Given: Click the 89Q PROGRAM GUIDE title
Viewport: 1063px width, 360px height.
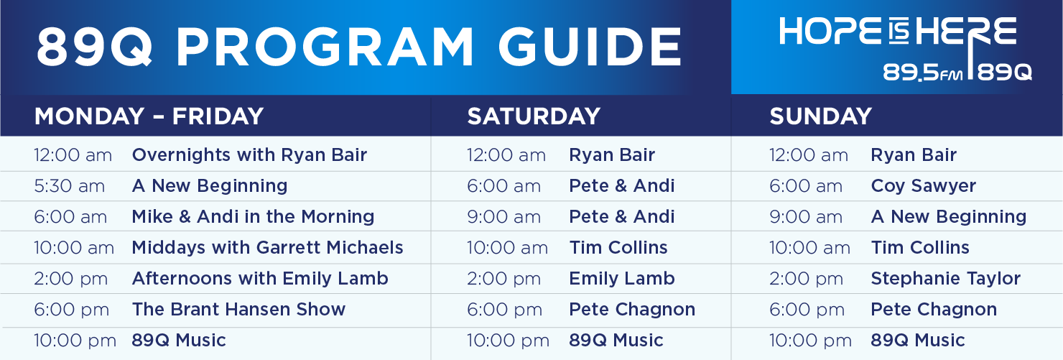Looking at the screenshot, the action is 359,46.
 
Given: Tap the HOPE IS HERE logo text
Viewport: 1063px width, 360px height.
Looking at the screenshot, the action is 898,32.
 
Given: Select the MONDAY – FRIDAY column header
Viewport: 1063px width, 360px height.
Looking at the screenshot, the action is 149,116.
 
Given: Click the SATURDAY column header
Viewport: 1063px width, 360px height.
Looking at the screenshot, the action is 534,116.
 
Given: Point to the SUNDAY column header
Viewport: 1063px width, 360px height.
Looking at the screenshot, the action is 820,116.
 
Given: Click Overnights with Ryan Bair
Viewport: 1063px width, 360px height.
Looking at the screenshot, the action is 250,154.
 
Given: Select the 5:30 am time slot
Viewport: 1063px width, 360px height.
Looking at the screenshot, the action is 69,185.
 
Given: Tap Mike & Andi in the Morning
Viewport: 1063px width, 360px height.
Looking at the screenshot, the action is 253,216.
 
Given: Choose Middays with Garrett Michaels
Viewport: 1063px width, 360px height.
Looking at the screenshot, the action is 268,247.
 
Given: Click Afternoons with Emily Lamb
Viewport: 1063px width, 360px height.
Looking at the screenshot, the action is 260,278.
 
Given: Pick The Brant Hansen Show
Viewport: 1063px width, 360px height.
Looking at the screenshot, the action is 238,309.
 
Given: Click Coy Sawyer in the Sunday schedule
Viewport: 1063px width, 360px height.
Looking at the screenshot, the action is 924,186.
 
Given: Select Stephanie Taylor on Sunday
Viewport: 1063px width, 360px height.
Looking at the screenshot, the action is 946,279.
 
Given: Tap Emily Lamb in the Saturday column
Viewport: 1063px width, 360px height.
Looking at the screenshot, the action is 622,278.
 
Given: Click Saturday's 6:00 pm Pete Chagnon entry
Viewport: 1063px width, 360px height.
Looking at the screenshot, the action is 632,310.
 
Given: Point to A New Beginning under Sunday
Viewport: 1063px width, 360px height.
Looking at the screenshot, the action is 949,217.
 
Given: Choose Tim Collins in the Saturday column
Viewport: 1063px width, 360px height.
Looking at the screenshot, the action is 618,247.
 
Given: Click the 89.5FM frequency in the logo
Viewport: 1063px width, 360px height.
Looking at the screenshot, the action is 922,73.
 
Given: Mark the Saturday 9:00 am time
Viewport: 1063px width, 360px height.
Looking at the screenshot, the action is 503,216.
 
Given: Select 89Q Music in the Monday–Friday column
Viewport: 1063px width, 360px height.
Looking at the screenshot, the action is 179,340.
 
